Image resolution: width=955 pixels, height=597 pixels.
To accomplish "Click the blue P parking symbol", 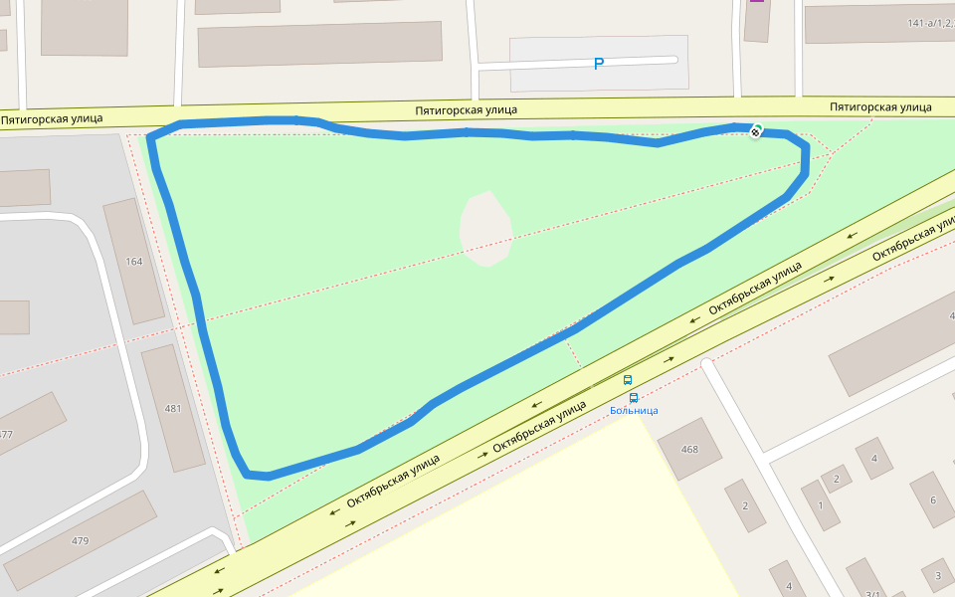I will click(599, 64).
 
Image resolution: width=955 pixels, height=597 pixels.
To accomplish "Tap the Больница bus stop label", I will click(634, 410).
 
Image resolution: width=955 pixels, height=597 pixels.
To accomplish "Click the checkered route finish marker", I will click(757, 130).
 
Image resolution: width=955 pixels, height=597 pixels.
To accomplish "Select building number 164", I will click(134, 262).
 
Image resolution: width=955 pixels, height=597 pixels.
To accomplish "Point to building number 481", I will click(173, 408).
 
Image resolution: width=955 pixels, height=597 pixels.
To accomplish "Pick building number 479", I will click(80, 541).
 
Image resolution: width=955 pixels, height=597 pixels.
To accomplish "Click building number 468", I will click(689, 449).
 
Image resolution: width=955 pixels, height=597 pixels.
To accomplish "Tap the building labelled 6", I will click(932, 499).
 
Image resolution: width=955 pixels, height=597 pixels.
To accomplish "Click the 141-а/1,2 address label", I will click(930, 23).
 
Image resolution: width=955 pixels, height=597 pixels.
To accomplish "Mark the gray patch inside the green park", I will click(486, 230).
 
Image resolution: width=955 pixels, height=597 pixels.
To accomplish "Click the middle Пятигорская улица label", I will click(467, 109).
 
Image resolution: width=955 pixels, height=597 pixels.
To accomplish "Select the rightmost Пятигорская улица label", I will click(880, 106).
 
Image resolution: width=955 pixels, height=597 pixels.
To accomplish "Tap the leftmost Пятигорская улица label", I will click(52, 118).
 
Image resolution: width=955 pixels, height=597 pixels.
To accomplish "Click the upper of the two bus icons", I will click(628, 380).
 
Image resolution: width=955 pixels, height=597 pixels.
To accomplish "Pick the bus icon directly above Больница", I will click(634, 397).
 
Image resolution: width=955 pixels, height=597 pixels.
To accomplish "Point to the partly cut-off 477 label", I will click(6, 434).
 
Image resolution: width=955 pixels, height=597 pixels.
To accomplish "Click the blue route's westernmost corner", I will click(150, 137).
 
